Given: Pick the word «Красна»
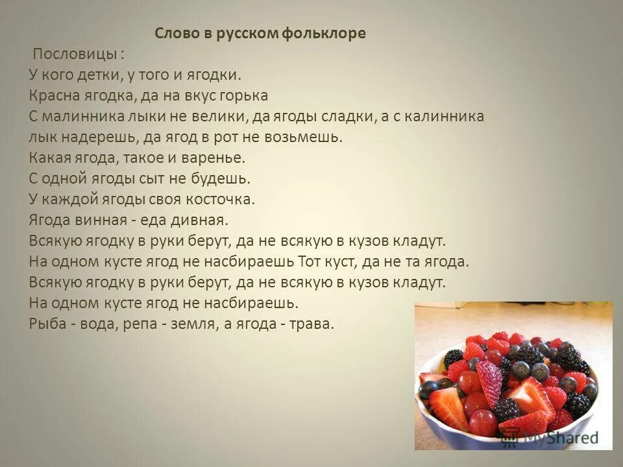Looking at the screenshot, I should (x=54, y=95).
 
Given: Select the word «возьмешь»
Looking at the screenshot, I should (x=304, y=138).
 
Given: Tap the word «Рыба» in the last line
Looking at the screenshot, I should (x=48, y=324).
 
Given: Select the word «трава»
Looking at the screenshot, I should (x=312, y=324).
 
